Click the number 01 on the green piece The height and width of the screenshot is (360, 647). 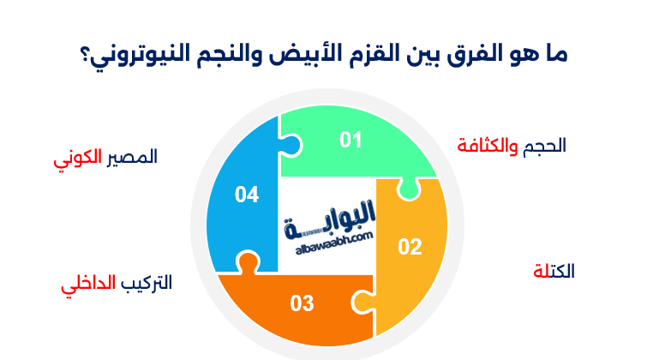point(350,140)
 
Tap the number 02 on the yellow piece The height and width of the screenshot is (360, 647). point(410,247)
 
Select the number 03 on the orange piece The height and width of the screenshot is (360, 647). point(302,303)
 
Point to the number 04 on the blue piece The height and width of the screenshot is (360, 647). point(247,195)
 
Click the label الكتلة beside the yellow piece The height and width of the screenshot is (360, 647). point(554,271)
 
